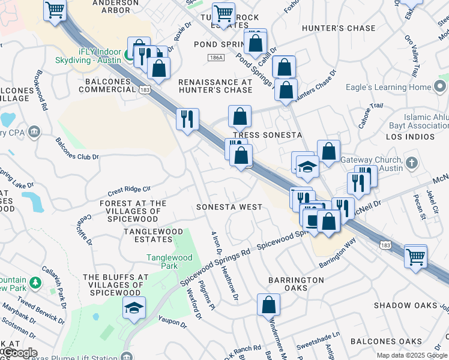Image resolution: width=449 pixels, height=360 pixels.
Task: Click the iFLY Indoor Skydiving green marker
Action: coord(128,58)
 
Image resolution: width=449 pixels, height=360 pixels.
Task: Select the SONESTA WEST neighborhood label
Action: coord(230,207)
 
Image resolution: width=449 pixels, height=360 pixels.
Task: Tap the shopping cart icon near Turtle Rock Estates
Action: coord(223,13)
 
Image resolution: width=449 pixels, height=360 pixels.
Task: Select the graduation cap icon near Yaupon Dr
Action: coord(134,308)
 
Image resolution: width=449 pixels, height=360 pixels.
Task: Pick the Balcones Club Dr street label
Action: coord(77,149)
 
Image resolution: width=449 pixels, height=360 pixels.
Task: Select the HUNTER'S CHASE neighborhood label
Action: coord(339,28)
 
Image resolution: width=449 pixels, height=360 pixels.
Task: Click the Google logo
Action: coord(19,353)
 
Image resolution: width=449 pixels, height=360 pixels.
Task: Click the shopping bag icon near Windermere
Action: coord(268,305)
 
